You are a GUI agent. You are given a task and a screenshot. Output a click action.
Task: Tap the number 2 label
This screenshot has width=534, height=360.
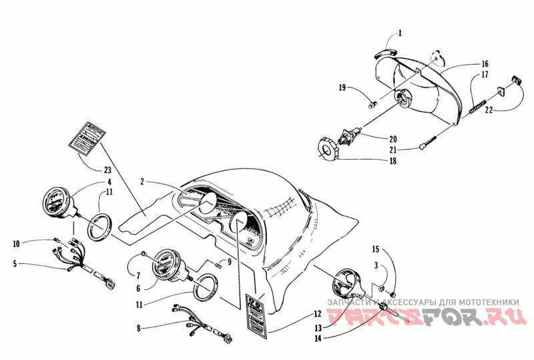142,181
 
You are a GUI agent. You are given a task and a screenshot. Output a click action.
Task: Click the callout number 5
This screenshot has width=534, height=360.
15,263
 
